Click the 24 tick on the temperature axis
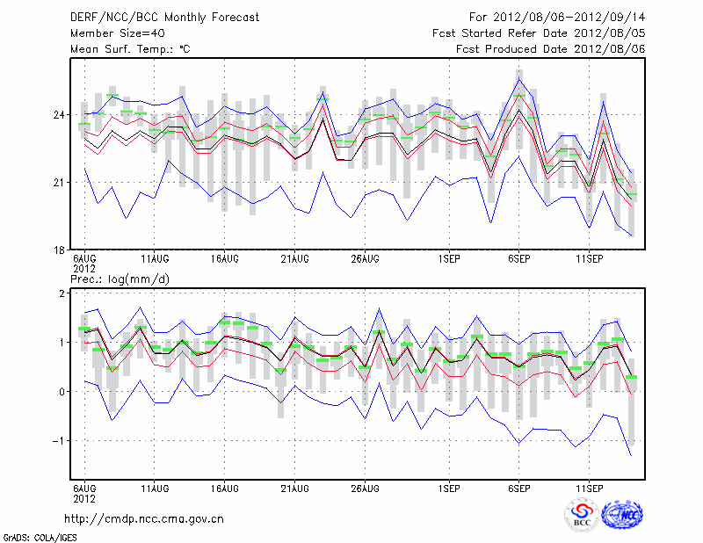pos(62,115)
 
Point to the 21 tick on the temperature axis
pos(62,182)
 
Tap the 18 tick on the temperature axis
pos(62,250)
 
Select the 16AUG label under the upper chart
pos(225,259)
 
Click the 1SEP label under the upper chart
pos(449,259)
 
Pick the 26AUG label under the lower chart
pos(365,487)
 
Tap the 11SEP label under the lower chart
pos(589,487)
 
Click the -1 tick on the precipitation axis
pos(62,441)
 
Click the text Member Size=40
pos(118,33)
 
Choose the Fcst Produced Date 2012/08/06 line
pos(551,49)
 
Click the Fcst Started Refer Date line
pos(539,33)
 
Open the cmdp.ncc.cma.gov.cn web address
pos(145,519)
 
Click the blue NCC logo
pos(621,515)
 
